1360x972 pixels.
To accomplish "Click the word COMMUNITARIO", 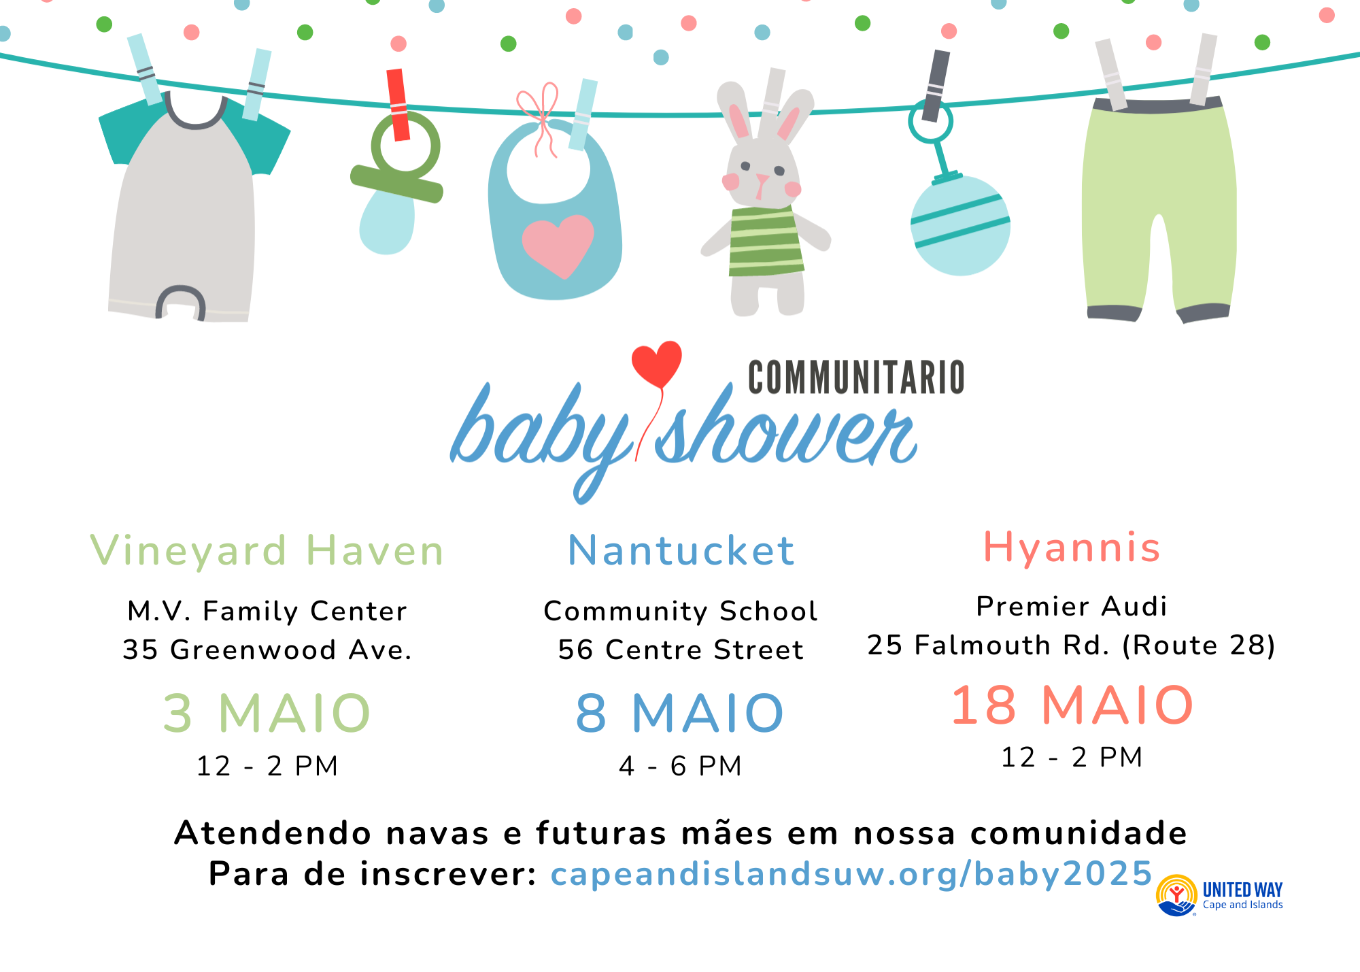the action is [856, 378].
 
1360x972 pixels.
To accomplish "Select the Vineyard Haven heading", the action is [267, 550].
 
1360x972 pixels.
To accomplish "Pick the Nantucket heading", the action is [681, 550].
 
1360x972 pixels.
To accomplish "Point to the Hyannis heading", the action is [1072, 548].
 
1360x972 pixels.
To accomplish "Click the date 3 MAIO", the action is [267, 713].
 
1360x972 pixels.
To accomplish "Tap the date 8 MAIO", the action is [680, 713].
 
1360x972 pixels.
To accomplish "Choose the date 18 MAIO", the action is [1072, 705].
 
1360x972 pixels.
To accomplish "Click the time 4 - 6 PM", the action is [680, 766].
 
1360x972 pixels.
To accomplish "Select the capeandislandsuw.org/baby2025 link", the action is [851, 874].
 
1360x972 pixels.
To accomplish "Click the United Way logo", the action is [1219, 895].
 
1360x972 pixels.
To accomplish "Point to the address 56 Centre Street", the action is [681, 650].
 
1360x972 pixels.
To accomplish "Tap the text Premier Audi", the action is [1072, 606].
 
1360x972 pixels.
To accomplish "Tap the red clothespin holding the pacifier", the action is [398, 105].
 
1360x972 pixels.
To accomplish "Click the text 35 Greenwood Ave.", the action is [267, 650].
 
